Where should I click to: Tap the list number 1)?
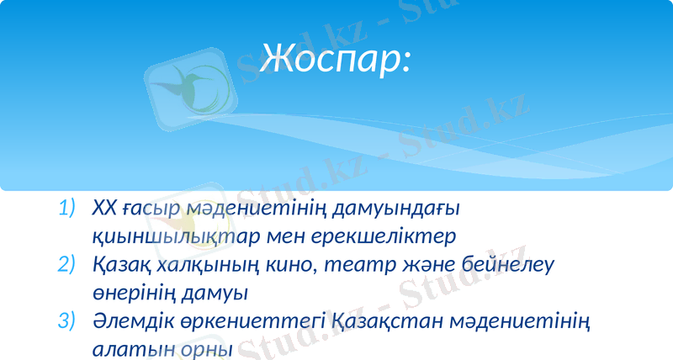66,207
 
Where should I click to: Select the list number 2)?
66,264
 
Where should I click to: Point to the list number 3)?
66,321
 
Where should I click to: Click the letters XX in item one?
103,207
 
